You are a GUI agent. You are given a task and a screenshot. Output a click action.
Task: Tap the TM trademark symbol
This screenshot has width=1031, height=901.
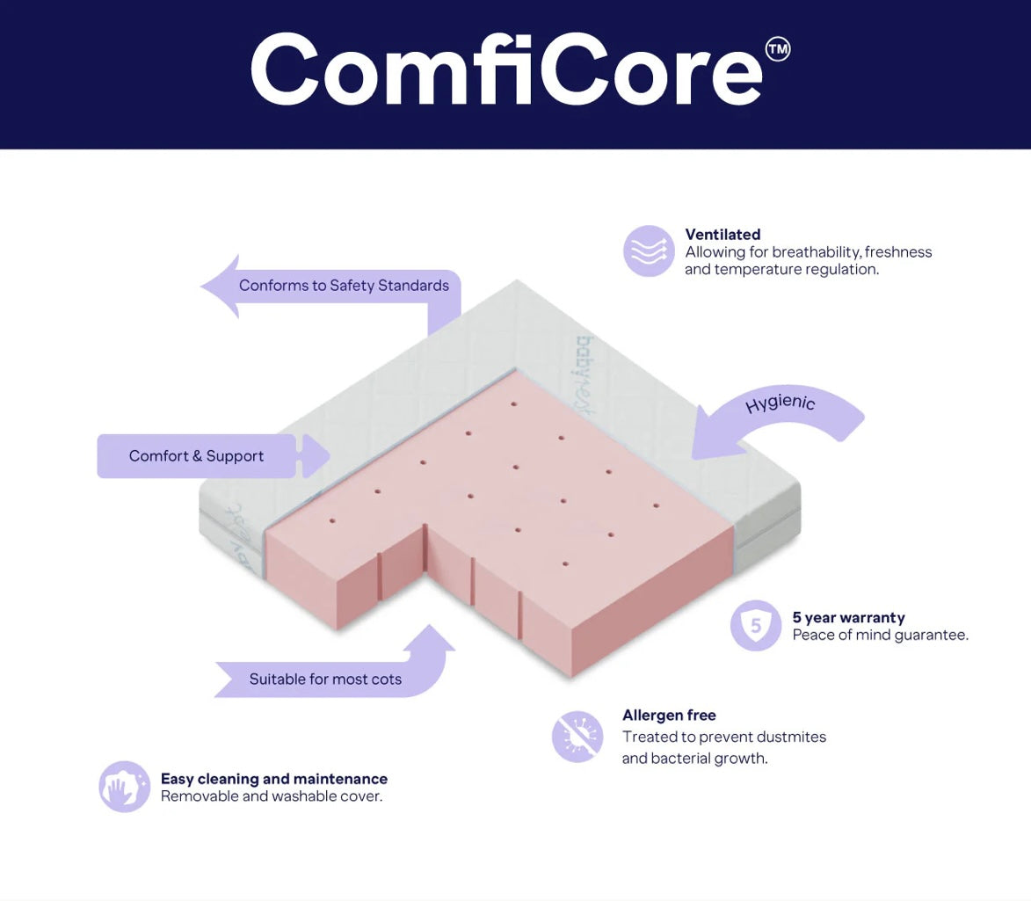(778, 50)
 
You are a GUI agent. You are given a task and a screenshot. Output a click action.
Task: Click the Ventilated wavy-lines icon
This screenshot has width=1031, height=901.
(649, 251)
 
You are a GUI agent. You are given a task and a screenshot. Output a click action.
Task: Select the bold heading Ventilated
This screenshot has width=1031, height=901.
(722, 235)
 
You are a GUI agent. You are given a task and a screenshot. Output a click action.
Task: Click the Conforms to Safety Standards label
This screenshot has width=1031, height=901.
(344, 286)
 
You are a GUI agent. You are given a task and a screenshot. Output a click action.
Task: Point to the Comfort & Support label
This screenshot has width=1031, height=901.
(196, 456)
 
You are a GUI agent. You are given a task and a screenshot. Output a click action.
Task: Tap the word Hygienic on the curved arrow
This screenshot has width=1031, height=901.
(780, 403)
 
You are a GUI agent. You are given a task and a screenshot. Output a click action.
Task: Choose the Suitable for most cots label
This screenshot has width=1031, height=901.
(325, 679)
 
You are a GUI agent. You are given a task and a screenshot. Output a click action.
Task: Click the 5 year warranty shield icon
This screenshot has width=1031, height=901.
(756, 626)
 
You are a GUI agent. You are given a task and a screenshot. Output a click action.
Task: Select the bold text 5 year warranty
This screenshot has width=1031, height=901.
(848, 618)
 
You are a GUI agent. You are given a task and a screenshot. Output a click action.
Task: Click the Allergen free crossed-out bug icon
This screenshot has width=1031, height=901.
(577, 737)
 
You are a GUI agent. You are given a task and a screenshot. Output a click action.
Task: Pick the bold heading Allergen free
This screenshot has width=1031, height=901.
(669, 716)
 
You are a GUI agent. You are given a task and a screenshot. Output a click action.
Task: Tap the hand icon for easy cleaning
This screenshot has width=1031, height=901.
(124, 787)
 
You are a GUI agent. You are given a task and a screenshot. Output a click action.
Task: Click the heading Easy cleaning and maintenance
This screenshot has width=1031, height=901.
(273, 779)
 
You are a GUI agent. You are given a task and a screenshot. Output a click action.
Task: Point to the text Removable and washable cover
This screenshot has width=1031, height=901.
(272, 797)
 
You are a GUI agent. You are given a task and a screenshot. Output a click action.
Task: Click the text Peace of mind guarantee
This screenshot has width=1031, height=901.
(880, 636)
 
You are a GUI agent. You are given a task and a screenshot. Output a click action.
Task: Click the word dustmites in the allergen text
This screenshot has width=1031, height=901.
(790, 737)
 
